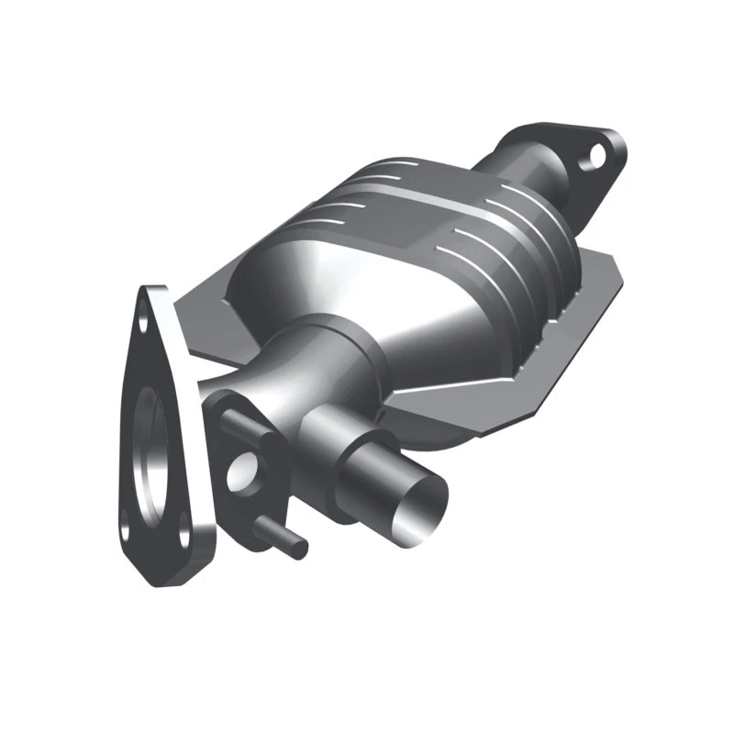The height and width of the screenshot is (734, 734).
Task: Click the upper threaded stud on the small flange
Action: pyautogui.click(x=240, y=425)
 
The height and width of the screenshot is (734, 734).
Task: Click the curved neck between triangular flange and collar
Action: pyautogui.click(x=257, y=376)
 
